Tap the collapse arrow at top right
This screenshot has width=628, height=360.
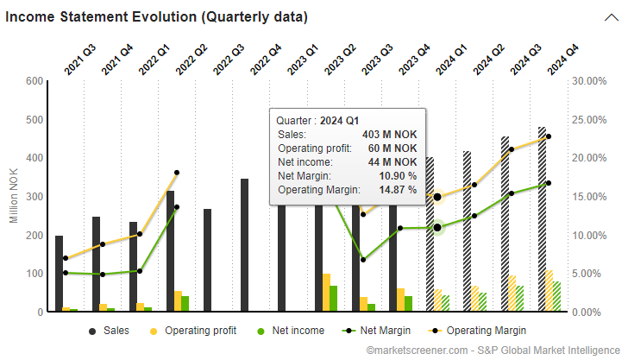point(610,17)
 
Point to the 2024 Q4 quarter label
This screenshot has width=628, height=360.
point(562,61)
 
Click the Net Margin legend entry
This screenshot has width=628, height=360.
point(377,330)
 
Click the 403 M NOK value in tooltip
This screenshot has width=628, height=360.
point(390,135)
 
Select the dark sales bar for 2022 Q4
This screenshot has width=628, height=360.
point(245,246)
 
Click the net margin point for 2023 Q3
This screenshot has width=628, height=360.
point(364,259)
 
